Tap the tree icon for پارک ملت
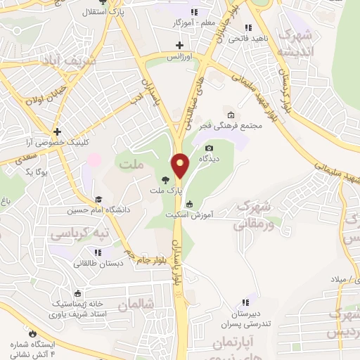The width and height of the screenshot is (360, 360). (165, 180)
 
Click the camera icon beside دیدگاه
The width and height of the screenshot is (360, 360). (209, 148)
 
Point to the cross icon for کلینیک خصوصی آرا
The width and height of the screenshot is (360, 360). (57, 131)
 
